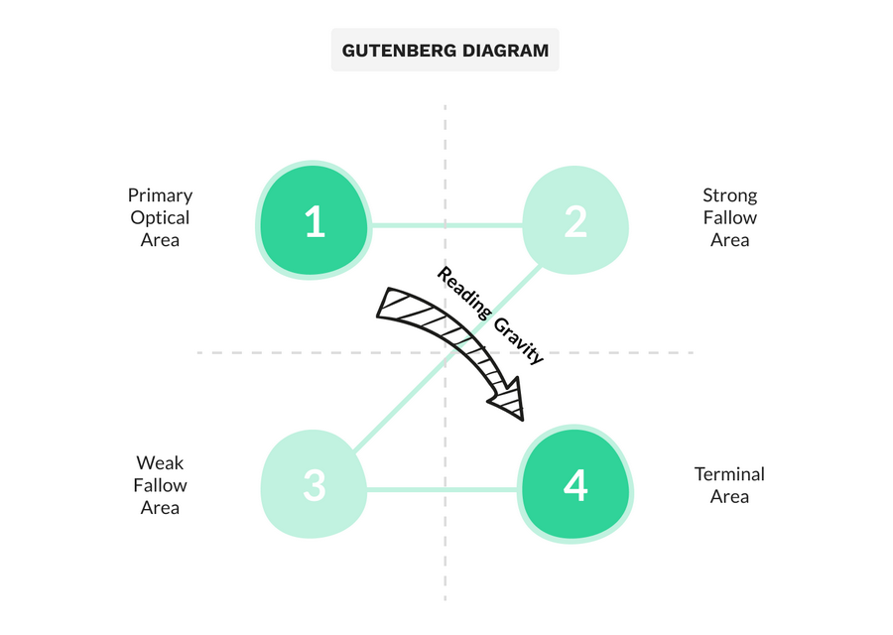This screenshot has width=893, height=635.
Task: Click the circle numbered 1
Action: click(x=314, y=220)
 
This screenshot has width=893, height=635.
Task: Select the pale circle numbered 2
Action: click(x=575, y=220)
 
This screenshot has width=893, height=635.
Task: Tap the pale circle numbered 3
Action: click(x=314, y=484)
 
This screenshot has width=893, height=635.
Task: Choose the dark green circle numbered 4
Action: click(x=575, y=484)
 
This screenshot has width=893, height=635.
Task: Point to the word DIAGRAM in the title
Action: click(x=505, y=51)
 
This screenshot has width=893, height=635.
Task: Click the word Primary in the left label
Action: click(x=160, y=195)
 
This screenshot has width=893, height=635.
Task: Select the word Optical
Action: click(x=160, y=218)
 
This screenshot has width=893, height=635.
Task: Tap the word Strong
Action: click(x=729, y=195)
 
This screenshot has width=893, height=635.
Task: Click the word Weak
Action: click(x=160, y=462)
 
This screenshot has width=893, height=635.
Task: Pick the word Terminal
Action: click(x=729, y=474)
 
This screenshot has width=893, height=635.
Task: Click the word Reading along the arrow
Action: click(x=463, y=294)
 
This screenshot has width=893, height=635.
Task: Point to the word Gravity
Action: click(x=518, y=340)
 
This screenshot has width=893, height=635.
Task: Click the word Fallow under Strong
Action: click(x=729, y=217)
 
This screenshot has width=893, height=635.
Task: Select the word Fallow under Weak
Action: click(x=160, y=485)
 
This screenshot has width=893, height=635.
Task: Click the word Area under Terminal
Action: click(x=729, y=497)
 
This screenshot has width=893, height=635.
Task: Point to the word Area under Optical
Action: click(x=160, y=240)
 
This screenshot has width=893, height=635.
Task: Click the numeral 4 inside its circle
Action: click(x=575, y=486)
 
